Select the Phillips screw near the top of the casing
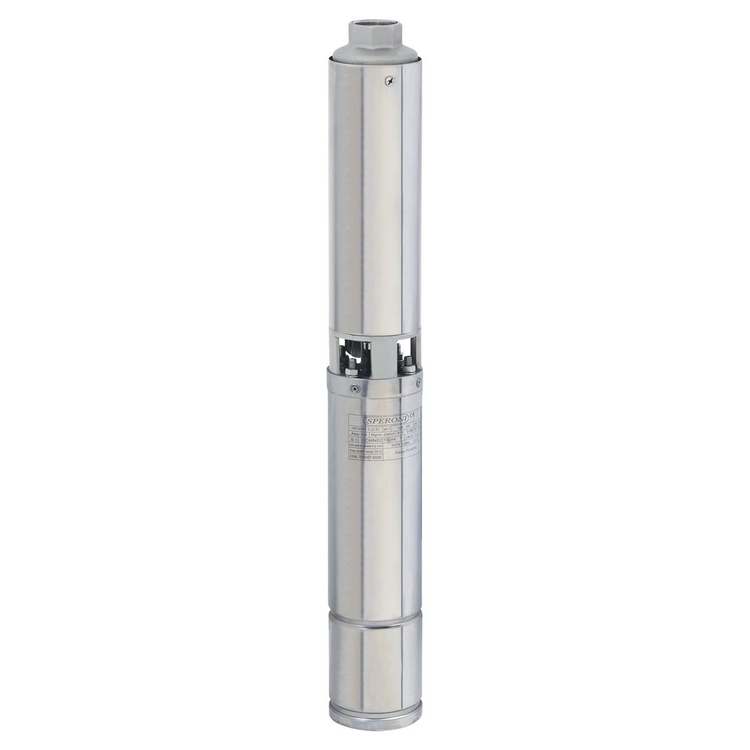[391, 80]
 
